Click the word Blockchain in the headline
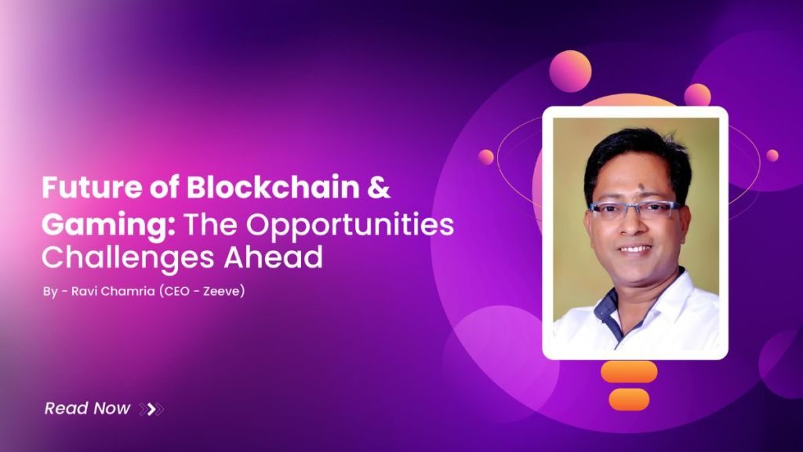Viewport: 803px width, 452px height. coord(273,187)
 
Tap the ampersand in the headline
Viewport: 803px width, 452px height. coord(379,188)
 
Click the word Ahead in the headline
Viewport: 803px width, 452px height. coord(274,257)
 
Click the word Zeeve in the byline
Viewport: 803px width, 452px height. coord(221,291)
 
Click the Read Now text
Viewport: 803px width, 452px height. coord(87,408)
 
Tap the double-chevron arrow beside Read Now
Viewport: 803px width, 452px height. coord(151,409)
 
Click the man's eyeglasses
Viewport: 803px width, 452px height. coord(635,209)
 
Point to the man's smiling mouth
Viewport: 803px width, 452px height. coord(635,250)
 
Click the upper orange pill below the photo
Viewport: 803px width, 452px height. coord(629,371)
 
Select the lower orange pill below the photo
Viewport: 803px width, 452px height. coord(629,399)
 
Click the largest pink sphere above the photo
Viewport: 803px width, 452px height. coord(571,71)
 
